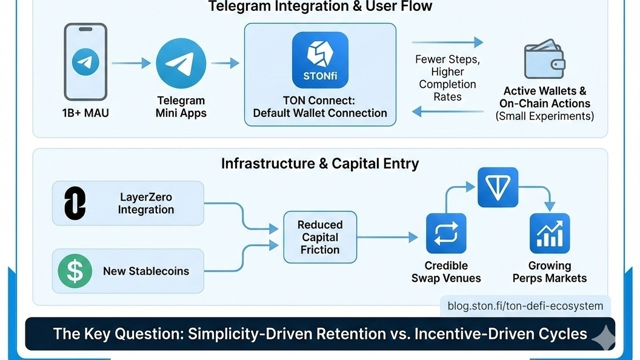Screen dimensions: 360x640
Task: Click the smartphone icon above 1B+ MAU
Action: point(85,61)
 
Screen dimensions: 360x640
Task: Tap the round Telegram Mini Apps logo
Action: point(181,62)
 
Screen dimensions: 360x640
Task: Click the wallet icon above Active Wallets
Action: point(544,59)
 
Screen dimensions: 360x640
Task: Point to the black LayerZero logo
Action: point(75,203)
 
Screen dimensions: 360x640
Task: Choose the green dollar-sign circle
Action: point(75,271)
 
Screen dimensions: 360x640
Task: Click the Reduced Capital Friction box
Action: point(320,237)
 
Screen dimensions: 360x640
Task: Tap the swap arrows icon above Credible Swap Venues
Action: point(446,233)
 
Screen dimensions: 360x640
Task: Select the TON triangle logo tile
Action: point(498,188)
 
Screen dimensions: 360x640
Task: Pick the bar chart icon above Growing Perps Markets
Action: point(550,233)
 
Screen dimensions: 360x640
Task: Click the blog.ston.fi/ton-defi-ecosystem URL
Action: point(525,306)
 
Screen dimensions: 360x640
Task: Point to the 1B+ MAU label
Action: point(85,113)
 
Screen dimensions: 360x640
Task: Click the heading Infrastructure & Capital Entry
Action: point(319,164)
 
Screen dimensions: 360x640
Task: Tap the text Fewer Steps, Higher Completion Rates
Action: point(447,78)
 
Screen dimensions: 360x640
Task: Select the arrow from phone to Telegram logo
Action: point(130,62)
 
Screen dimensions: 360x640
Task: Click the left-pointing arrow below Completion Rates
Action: point(447,112)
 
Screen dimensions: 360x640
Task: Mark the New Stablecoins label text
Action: point(146,271)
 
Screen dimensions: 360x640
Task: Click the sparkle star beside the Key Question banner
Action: point(603,335)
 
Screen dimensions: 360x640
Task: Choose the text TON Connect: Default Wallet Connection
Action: point(320,107)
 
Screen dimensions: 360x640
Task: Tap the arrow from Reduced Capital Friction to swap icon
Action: point(387,237)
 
